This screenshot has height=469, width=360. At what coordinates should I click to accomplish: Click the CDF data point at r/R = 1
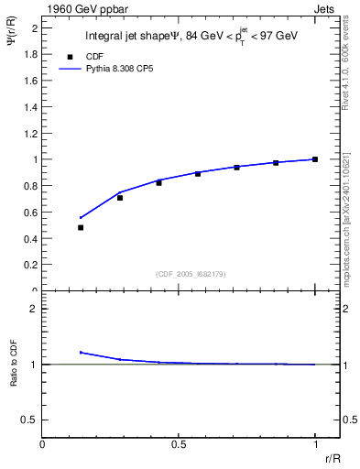tap(315, 159)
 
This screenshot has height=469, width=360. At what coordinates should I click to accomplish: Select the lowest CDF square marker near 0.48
tap(81, 227)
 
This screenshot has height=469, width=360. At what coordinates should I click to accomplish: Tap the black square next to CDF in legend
tap(70, 55)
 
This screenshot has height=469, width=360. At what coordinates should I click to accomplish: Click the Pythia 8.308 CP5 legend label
tap(114, 68)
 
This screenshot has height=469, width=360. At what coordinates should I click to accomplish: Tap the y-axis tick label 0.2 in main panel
tap(31, 265)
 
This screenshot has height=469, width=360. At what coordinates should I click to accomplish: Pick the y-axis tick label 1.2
tap(31, 133)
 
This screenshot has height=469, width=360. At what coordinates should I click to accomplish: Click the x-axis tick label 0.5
tap(179, 445)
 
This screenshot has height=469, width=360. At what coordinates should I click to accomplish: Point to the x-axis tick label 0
tap(43, 445)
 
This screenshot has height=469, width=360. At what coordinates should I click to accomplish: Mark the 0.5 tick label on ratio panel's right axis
tap(349, 420)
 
